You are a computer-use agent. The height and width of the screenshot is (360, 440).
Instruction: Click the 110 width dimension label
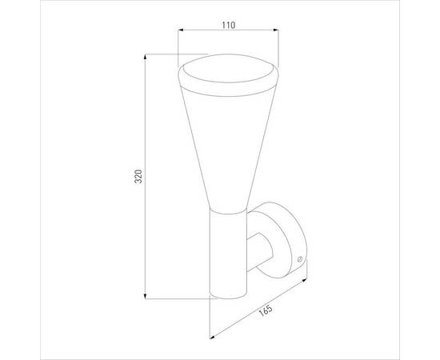point(227,25)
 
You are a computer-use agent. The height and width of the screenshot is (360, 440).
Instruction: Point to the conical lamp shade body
point(226,144)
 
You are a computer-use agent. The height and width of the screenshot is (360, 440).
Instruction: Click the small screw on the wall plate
point(298,259)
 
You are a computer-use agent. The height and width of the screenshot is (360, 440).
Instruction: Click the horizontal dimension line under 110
point(227,33)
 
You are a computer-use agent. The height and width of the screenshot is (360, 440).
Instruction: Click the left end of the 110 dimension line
point(178,33)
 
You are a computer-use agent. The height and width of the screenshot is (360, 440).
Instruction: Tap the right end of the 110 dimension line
point(277,33)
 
